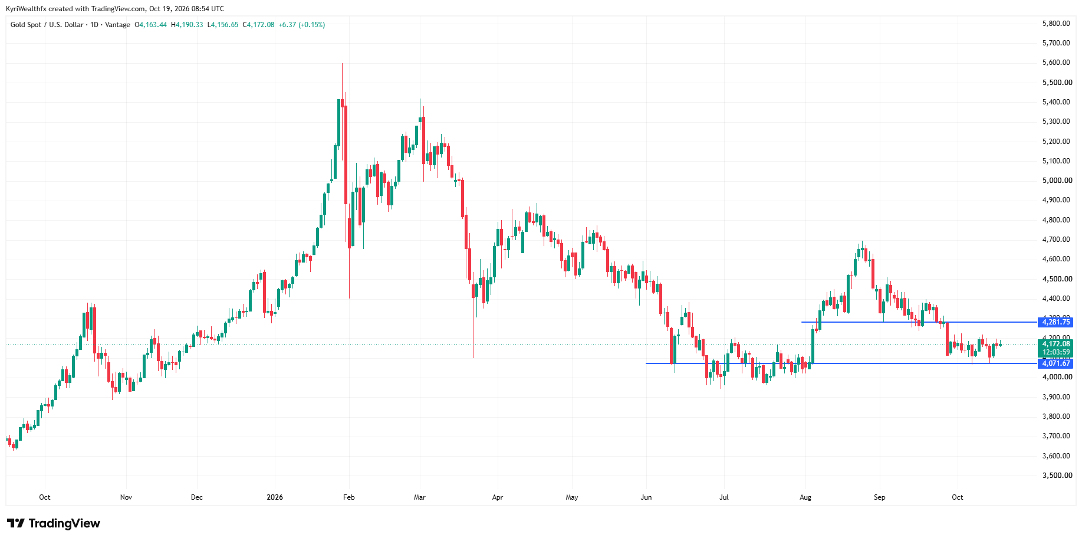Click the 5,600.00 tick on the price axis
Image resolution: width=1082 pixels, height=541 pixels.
(x=1057, y=63)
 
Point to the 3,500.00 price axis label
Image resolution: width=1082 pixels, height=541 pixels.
(x=1057, y=476)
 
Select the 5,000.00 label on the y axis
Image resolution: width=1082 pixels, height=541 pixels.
(x=1057, y=181)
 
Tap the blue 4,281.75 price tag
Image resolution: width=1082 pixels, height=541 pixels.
(x=1055, y=322)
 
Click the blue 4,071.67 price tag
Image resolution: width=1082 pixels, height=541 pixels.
(x=1055, y=363)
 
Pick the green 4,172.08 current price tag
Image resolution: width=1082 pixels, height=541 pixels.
(x=1055, y=344)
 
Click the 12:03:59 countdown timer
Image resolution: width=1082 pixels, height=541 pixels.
(x=1055, y=352)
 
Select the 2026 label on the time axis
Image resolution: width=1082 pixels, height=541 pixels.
(x=275, y=497)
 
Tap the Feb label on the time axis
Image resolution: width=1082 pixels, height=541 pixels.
(x=349, y=497)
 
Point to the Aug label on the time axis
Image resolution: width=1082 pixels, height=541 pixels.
(x=805, y=497)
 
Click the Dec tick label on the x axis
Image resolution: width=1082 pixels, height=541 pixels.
(x=197, y=497)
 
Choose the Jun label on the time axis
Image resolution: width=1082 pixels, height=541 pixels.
(x=646, y=497)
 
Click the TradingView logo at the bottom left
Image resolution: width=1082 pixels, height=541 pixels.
(x=54, y=523)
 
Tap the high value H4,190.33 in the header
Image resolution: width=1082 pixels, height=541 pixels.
(x=187, y=25)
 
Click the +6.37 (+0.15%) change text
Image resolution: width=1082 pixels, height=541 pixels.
(x=302, y=25)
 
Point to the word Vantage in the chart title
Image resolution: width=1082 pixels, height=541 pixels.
(x=118, y=25)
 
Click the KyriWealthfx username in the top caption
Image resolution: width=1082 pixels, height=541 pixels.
(x=26, y=9)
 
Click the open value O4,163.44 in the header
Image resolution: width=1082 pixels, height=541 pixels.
(x=151, y=25)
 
